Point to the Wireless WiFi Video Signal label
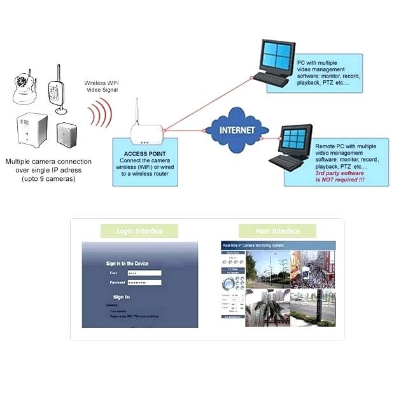pyautogui.click(x=102, y=87)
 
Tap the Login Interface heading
pyautogui.click(x=140, y=231)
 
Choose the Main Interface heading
pyautogui.click(x=277, y=231)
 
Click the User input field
pyautogui.click(x=144, y=272)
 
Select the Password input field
pyautogui.click(x=144, y=282)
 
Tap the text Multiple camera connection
pyautogui.click(x=48, y=162)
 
